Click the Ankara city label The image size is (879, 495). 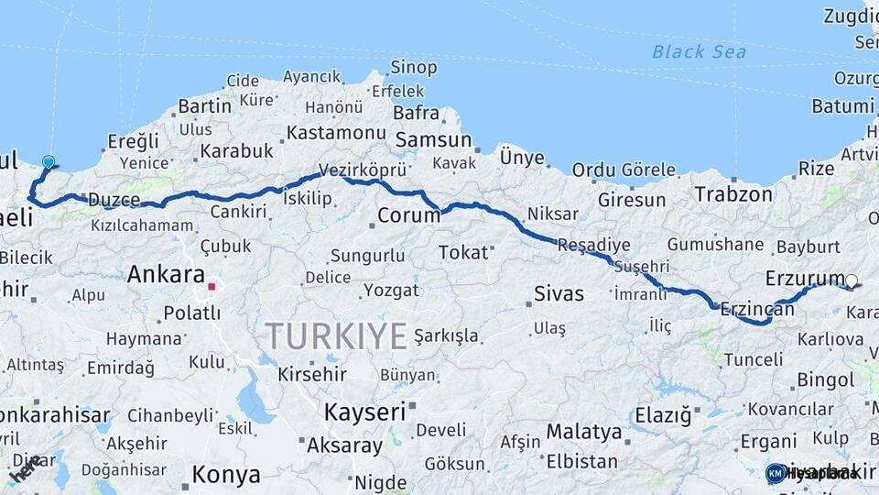coord(166,274)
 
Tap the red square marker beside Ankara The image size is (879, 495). coord(212,286)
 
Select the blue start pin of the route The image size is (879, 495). coord(49,162)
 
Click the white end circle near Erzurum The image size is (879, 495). coord(852,281)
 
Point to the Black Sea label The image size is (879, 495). coord(699,52)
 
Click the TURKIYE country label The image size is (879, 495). coord(336,336)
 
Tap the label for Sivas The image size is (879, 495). coord(559,294)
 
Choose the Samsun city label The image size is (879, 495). coord(433,140)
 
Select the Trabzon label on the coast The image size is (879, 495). coord(733,194)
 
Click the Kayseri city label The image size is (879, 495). coord(364,412)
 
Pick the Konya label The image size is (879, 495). coord(225,475)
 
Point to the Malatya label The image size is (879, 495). coord(584,431)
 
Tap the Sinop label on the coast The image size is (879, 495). coord(414,67)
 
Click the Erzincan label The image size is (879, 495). coord(757,309)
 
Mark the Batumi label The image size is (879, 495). coord(842,106)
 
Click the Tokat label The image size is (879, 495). coord(463,252)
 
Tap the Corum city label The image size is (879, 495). coord(403,217)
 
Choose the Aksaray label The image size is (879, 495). coord(344,446)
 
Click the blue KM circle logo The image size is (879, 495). coord(776,473)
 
